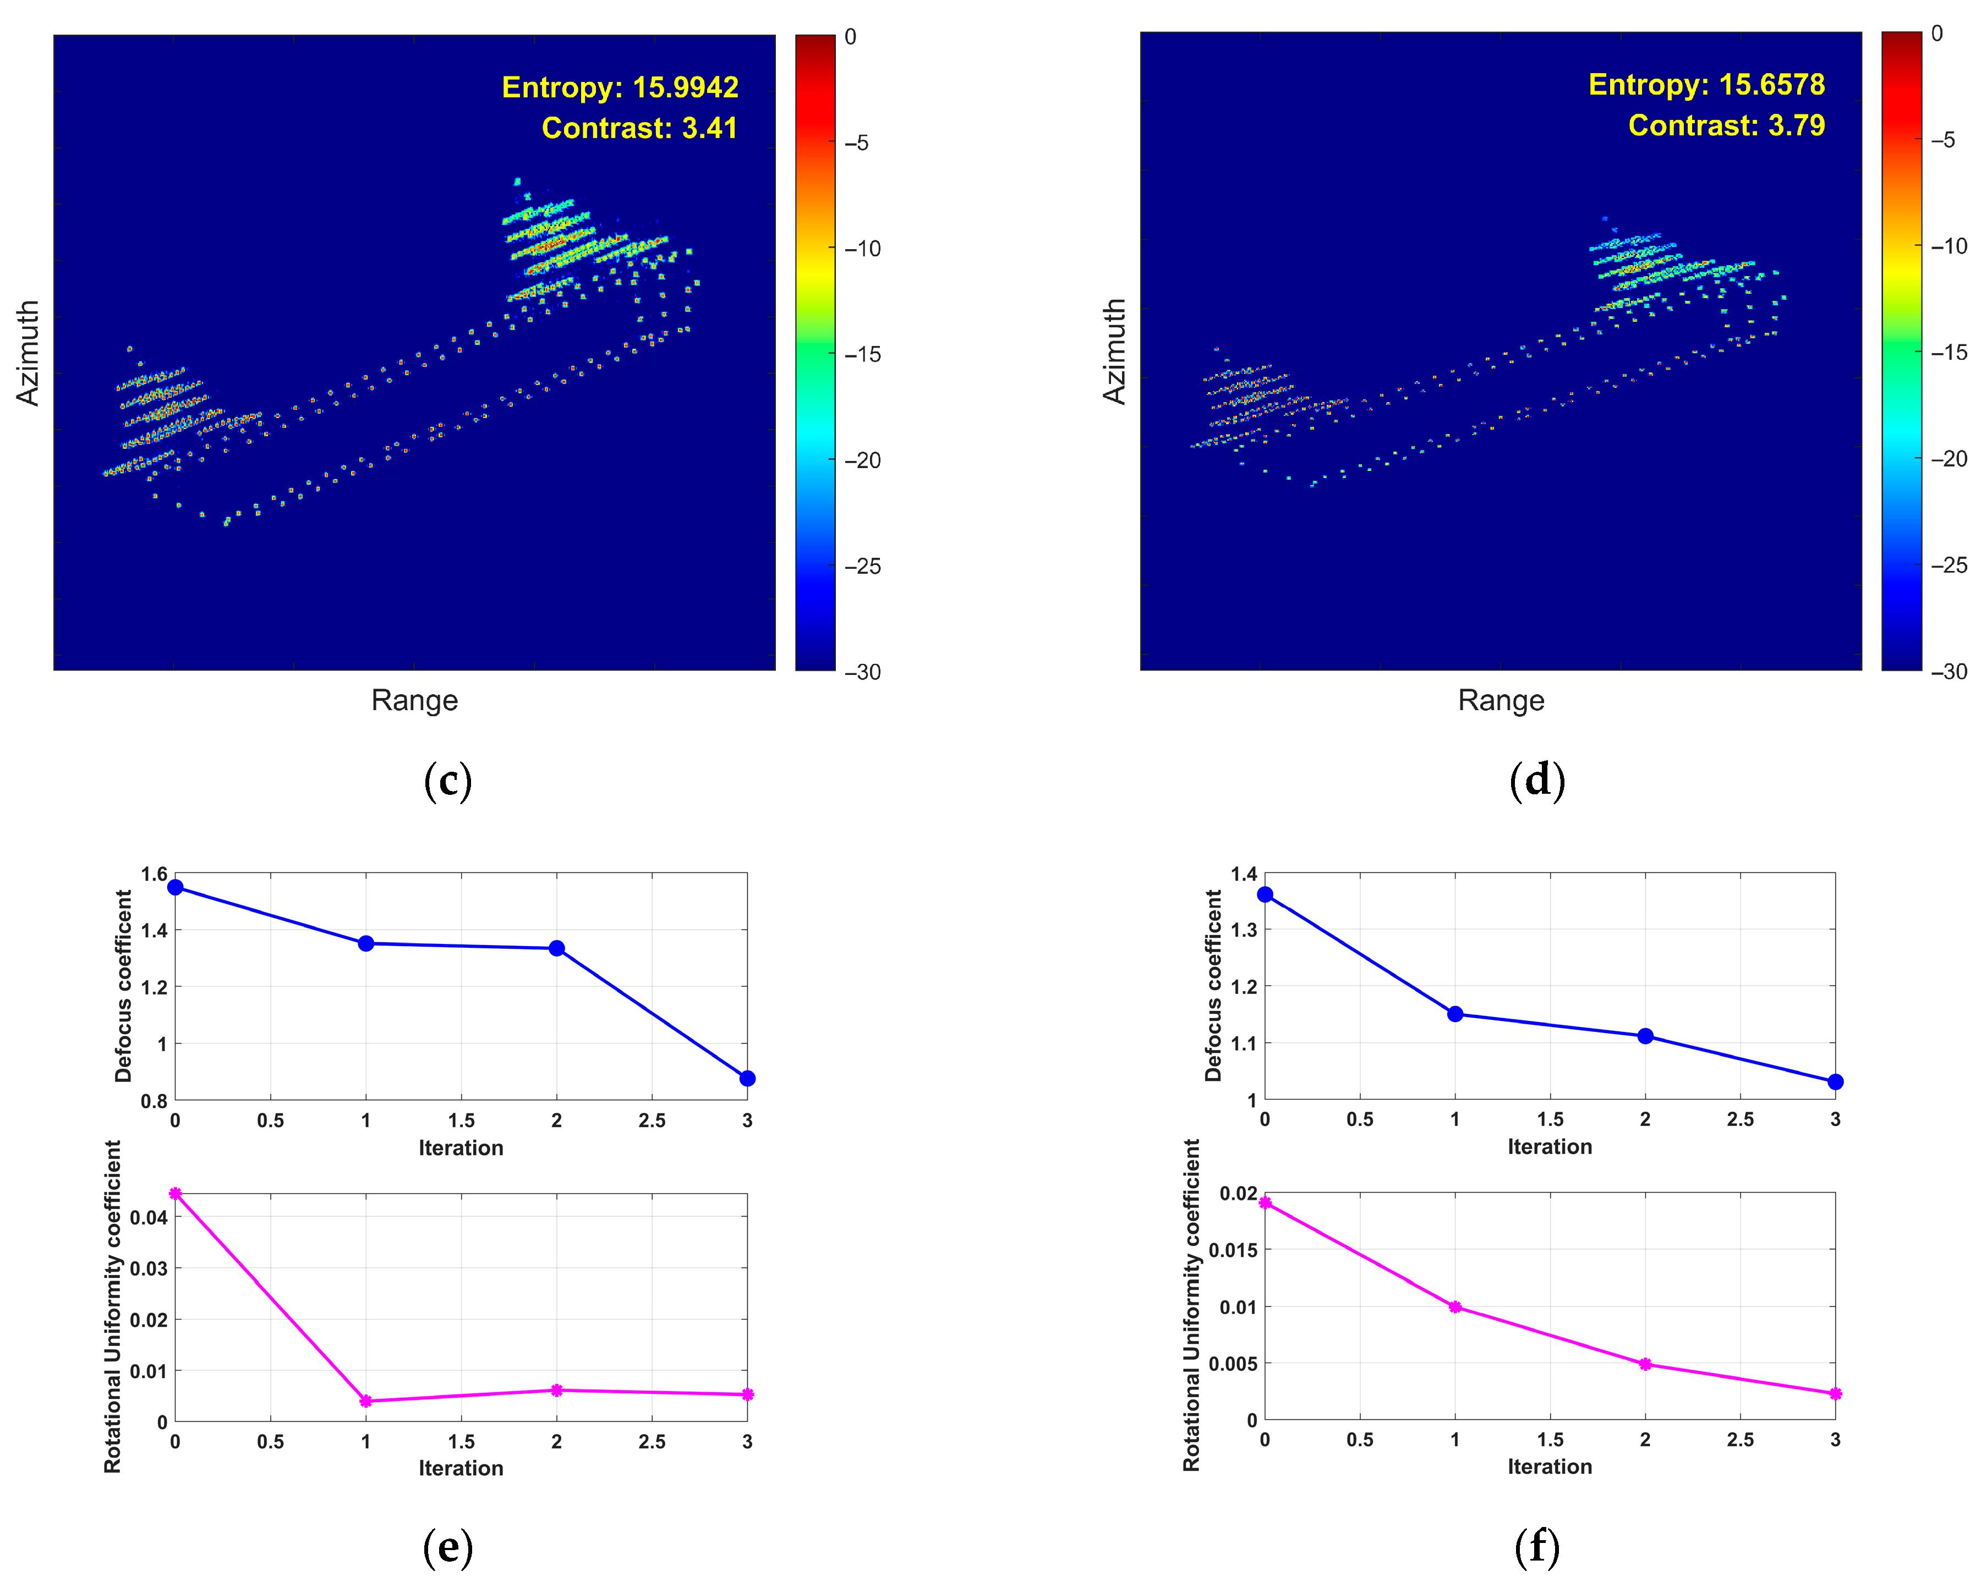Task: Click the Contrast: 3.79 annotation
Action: pyautogui.click(x=1726, y=125)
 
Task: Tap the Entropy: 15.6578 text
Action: pyautogui.click(x=1706, y=85)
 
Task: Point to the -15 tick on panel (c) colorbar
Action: pyautogui.click(x=862, y=355)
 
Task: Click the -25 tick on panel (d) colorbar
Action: pyautogui.click(x=1948, y=565)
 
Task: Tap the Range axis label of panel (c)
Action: pyautogui.click(x=414, y=700)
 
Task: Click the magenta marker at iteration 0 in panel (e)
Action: pyautogui.click(x=176, y=1194)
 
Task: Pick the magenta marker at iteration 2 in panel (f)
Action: pyautogui.click(x=1645, y=1364)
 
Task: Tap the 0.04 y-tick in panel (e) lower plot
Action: pyautogui.click(x=149, y=1217)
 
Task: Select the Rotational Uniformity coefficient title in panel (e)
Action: pyautogui.click(x=112, y=1306)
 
